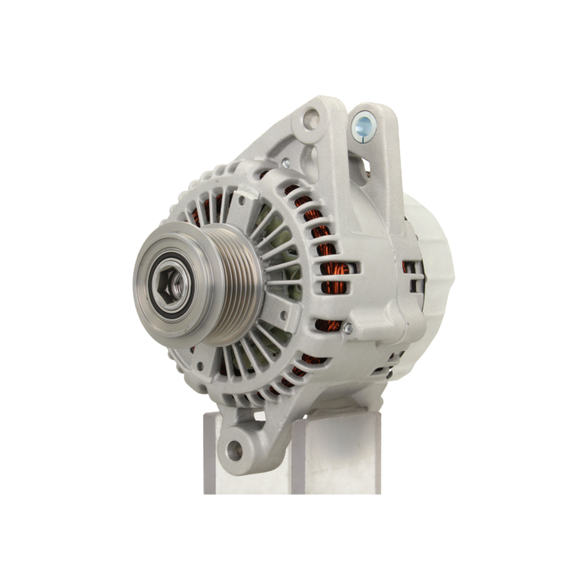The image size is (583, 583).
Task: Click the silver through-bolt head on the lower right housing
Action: pos(348,328)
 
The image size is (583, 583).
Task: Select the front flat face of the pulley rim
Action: pos(146,262)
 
